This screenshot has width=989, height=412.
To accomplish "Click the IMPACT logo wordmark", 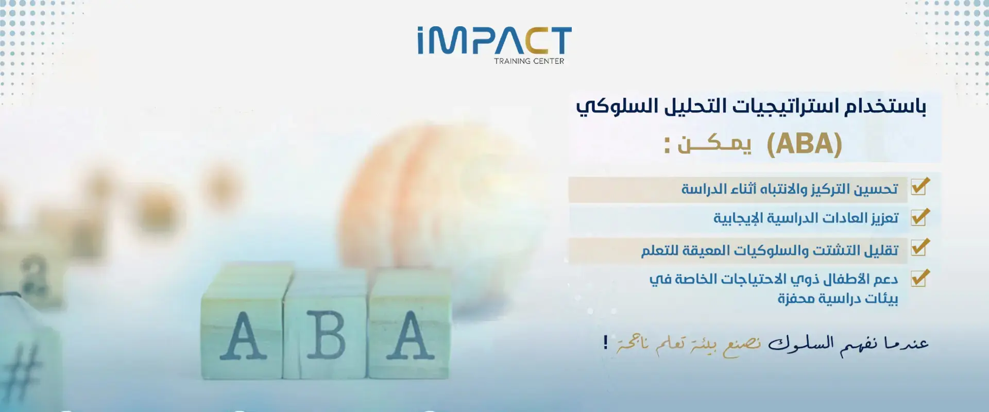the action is click(494, 41).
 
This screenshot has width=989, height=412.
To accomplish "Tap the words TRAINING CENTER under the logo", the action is click(529, 61).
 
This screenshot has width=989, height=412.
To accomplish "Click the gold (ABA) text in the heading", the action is click(804, 144).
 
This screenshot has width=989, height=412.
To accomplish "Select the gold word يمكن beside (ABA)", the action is click(714, 144).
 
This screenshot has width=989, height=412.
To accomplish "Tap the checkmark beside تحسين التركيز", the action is click(920, 186).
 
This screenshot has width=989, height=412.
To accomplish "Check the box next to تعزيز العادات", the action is click(920, 217).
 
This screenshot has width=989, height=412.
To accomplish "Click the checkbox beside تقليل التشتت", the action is click(920, 247).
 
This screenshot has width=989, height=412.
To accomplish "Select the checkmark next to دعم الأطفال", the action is click(920, 278).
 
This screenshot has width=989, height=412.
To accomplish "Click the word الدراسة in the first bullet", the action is click(704, 189).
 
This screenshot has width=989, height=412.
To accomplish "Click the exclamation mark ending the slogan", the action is click(606, 342).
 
